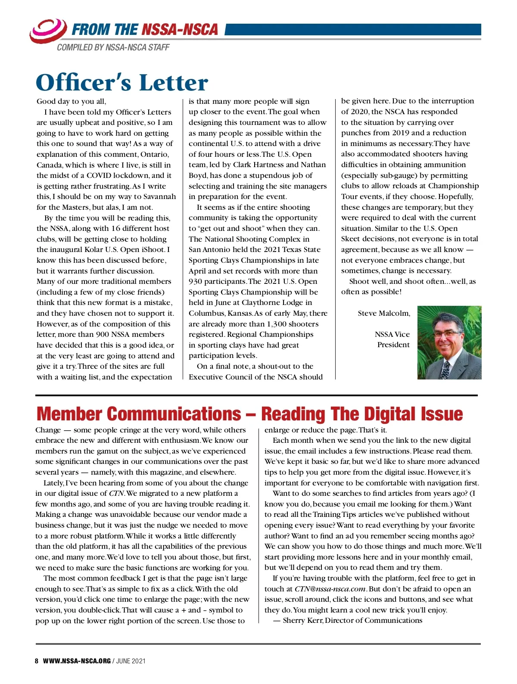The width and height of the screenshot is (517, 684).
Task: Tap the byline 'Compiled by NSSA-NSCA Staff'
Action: coord(113,47)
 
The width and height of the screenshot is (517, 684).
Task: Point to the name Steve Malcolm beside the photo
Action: coord(383,313)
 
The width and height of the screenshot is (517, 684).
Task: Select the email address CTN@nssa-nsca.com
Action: coord(330,589)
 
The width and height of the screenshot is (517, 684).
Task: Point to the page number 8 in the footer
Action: coord(37,661)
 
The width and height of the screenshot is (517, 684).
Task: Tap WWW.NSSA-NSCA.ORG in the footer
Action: coord(77,661)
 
